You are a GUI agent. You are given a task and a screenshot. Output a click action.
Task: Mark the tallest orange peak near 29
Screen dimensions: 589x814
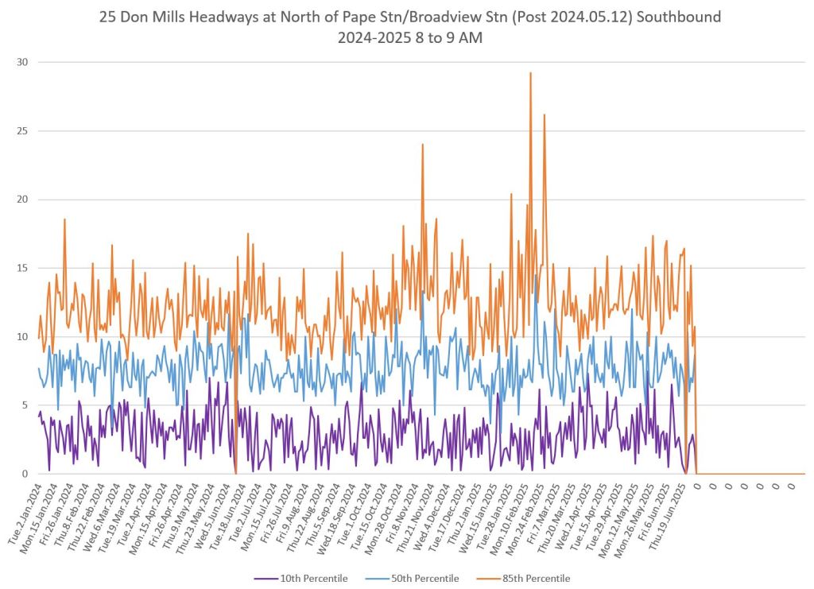click(x=530, y=73)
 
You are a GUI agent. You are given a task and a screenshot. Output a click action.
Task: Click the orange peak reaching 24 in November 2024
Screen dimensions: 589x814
click(x=423, y=145)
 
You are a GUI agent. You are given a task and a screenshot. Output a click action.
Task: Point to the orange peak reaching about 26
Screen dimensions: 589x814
click(x=545, y=115)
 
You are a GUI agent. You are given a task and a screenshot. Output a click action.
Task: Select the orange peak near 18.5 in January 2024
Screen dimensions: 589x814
click(x=64, y=219)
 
